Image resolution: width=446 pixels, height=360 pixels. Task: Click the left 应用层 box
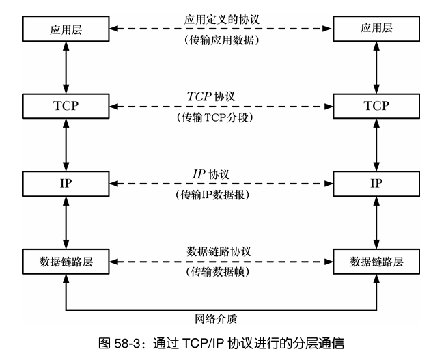tap(66, 29)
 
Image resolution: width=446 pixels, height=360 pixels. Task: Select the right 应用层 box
tap(376, 29)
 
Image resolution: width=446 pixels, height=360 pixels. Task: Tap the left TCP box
tap(66, 106)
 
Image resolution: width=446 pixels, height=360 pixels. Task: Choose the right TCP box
tap(376, 106)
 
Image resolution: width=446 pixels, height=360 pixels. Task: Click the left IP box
tap(66, 183)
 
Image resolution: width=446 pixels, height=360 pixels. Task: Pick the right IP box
tap(376, 183)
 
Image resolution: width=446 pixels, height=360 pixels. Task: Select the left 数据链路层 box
tap(66, 261)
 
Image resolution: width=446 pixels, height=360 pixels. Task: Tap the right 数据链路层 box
tap(376, 261)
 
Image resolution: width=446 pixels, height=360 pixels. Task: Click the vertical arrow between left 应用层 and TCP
tap(66, 68)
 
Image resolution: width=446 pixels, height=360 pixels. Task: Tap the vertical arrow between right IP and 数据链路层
tap(376, 222)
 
